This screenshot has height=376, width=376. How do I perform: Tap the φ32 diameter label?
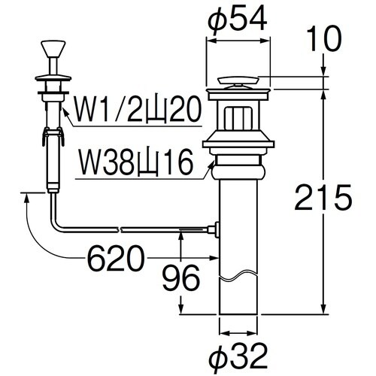(238, 356)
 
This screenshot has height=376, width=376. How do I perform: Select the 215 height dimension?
(323, 197)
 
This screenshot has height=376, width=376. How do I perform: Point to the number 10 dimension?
(324, 38)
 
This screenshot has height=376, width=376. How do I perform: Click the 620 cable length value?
(117, 259)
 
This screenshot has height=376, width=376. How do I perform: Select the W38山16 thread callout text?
(137, 162)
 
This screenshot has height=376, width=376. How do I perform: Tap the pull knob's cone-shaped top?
(53, 49)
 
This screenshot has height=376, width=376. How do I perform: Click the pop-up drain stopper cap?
(238, 82)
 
